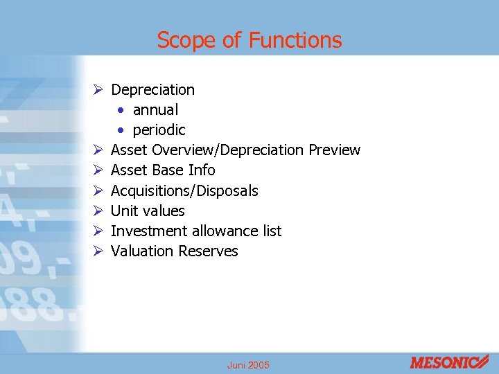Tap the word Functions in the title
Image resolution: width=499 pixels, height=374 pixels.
click(295, 40)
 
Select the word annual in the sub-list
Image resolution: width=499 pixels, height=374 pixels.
click(155, 109)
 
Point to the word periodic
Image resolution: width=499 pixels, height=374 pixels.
click(159, 130)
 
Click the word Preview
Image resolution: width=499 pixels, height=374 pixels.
click(335, 150)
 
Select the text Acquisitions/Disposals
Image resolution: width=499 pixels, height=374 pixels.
click(184, 190)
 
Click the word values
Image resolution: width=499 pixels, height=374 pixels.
click(162, 211)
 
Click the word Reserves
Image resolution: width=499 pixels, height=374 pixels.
click(208, 251)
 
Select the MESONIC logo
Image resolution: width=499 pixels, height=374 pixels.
click(448, 362)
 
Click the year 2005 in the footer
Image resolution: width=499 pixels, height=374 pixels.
click(259, 365)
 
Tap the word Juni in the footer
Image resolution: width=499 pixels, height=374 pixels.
click(236, 365)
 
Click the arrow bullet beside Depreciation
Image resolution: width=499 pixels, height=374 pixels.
click(98, 89)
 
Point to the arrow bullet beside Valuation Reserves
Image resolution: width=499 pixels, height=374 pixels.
click(98, 251)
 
